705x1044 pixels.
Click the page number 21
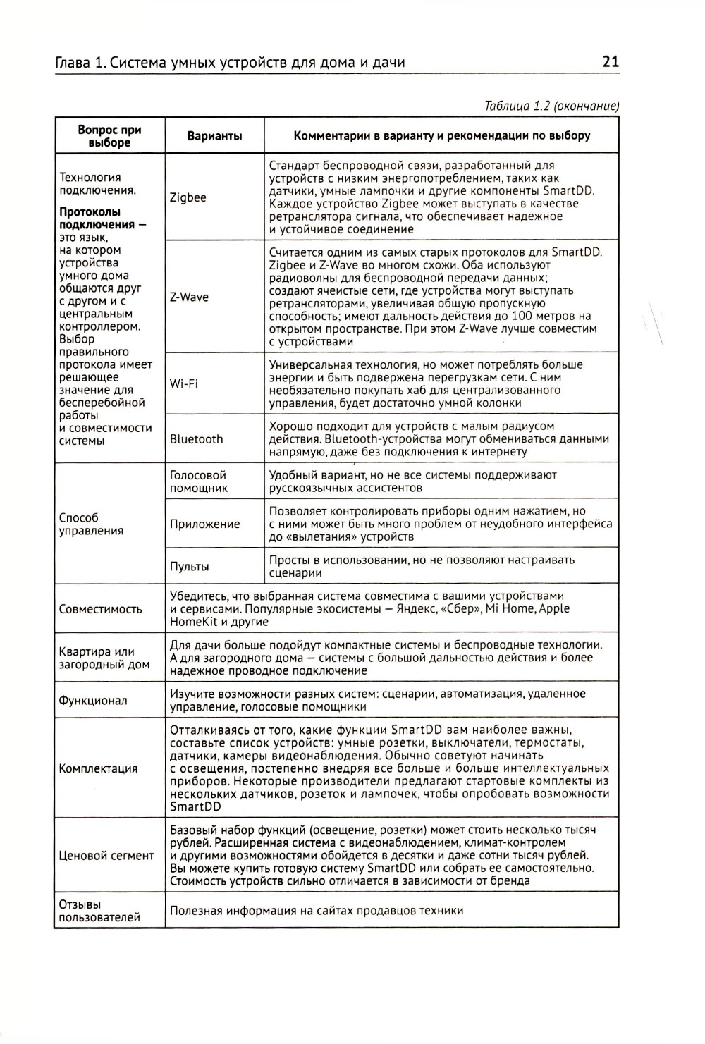click(611, 62)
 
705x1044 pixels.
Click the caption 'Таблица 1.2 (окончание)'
click(552, 106)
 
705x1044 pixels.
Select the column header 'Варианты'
click(214, 135)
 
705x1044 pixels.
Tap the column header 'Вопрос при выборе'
click(109, 135)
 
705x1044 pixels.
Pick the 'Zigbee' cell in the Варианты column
click(188, 197)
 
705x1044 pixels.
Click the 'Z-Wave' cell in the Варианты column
click(189, 297)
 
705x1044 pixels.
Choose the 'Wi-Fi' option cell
click(183, 383)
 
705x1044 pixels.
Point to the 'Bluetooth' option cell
click(196, 438)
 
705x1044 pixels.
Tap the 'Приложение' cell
click(204, 524)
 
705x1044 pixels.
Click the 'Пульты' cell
click(189, 566)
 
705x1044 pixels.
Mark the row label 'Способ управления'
click(90, 524)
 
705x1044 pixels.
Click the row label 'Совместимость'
click(100, 608)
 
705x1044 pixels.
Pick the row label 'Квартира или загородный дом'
click(104, 658)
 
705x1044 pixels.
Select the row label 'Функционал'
click(93, 701)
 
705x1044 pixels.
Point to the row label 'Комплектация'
click(98, 768)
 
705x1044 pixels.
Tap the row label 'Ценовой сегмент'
click(106, 855)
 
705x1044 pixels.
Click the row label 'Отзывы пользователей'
click(99, 910)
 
